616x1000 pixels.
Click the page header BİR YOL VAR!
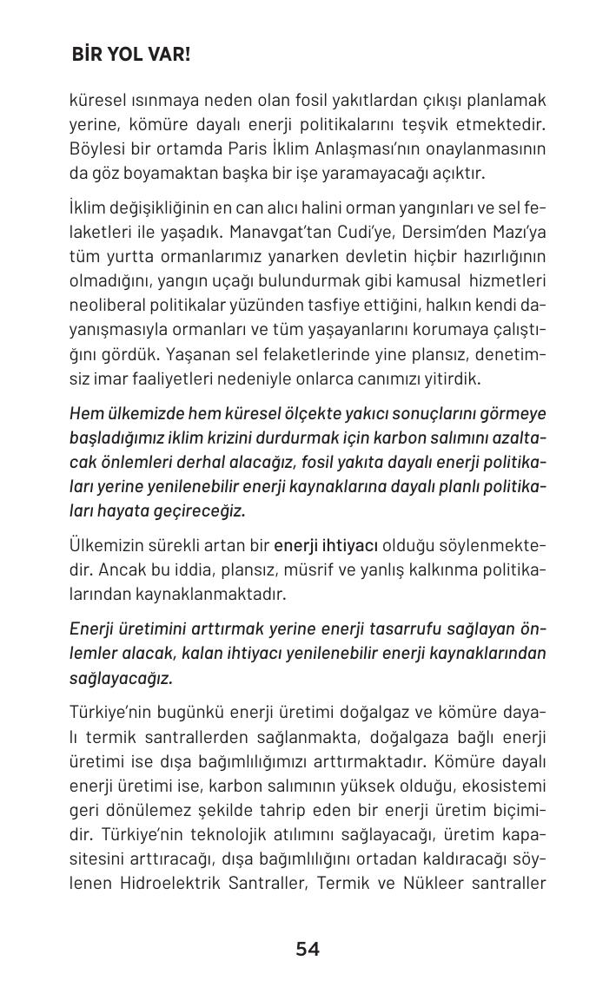coord(131,55)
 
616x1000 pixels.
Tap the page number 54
coord(308,949)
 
